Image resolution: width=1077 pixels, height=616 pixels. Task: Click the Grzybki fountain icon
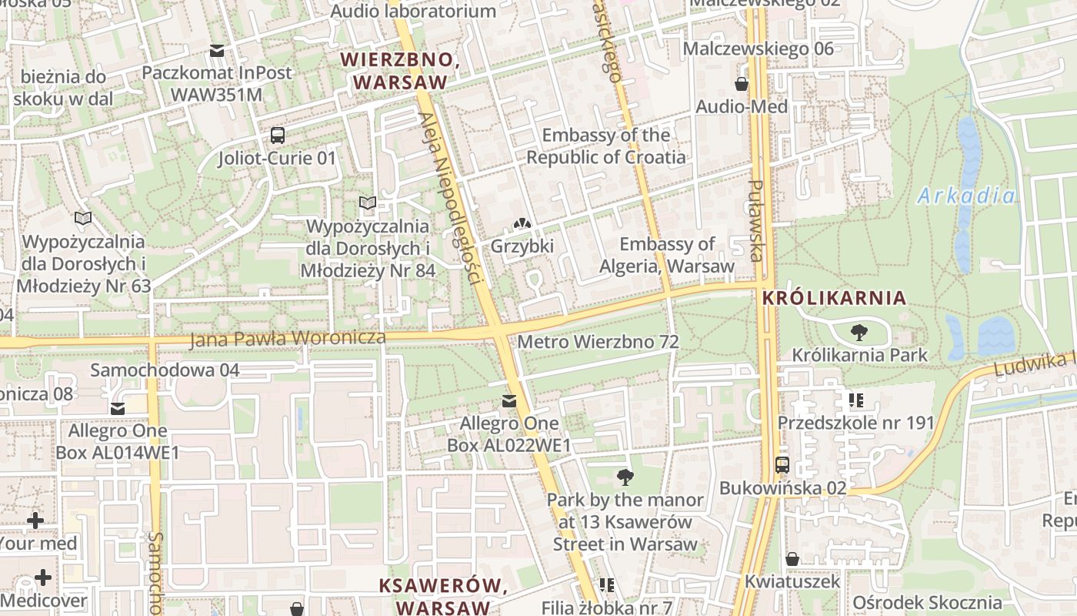(522, 224)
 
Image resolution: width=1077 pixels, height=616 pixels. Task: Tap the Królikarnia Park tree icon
(859, 333)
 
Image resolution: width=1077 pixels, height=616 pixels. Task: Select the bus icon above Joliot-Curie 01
(277, 136)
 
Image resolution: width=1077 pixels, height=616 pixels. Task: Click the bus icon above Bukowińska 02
(782, 465)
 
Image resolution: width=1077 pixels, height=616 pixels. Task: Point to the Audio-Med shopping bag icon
(742, 84)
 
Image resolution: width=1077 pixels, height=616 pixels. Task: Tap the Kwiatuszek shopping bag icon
(792, 559)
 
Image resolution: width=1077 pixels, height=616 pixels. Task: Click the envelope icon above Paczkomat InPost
(217, 51)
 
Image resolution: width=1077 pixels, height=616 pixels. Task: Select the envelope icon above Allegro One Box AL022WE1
(508, 401)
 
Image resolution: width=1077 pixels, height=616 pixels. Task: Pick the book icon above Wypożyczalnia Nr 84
(368, 203)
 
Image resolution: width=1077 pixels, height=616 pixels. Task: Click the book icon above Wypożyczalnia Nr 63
(82, 219)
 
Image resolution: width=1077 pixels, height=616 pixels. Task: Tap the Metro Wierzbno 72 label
(599, 341)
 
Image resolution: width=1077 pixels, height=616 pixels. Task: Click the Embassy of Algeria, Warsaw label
(668, 255)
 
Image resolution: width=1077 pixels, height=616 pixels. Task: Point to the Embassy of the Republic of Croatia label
(605, 146)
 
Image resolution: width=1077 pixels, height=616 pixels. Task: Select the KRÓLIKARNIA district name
(834, 298)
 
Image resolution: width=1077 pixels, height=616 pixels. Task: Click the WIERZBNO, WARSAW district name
(399, 71)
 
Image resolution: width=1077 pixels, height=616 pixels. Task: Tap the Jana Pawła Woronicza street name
(288, 338)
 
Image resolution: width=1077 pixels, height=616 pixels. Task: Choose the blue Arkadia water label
(966, 196)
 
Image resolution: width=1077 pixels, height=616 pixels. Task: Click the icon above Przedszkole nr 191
(855, 400)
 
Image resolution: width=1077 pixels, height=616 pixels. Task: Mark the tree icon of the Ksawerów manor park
(625, 477)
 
